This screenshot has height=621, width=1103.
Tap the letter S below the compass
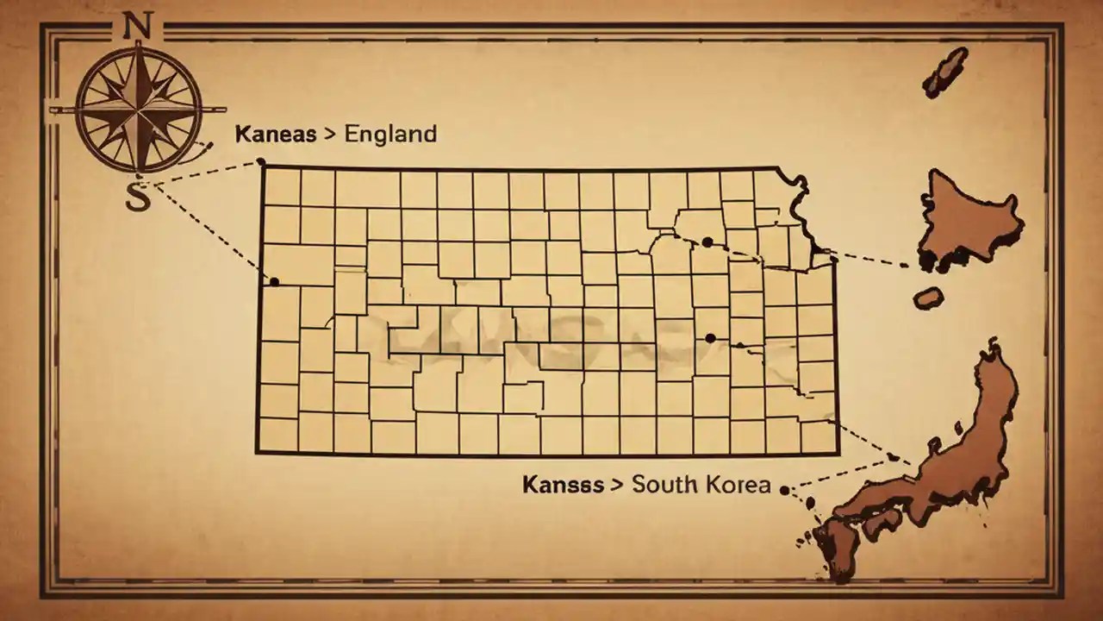click(137, 196)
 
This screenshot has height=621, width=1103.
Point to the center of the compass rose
click(138, 110)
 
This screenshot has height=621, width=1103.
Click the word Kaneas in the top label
click(269, 135)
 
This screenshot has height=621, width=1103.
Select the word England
click(390, 135)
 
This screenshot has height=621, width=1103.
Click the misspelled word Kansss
click(563, 484)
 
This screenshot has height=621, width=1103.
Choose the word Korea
click(738, 484)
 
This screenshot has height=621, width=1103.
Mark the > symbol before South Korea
click(616, 485)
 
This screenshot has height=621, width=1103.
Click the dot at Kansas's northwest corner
click(260, 162)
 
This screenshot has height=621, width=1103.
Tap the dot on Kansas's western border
click(274, 281)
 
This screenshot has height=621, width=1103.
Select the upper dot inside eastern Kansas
click(707, 242)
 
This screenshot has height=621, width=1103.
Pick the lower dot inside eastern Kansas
click(710, 338)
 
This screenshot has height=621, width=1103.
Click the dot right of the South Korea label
click(784, 490)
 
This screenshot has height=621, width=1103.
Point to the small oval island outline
click(928, 298)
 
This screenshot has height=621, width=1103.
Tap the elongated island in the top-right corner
click(945, 71)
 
